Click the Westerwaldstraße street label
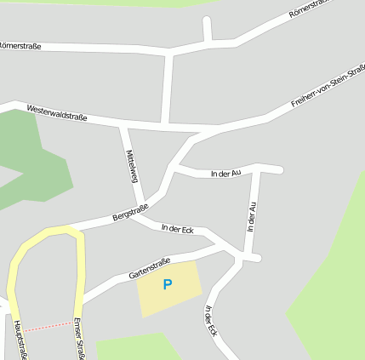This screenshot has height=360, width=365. coord(57,111)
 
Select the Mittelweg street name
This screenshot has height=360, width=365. coord(132,166)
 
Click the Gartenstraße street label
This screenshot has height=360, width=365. coord(150,270)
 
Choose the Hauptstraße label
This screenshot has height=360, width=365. coord(18,340)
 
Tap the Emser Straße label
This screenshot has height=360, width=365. coord(78,339)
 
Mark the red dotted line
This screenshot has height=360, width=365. coord(47,326)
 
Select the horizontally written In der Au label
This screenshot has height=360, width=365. coord(225,174)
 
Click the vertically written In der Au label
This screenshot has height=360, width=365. coord(251,217)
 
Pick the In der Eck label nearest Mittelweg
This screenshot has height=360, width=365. coord(178,229)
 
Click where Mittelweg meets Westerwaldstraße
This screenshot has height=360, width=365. coord(123,125)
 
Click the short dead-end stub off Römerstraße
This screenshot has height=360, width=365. coord(207,29)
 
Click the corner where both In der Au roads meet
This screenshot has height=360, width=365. coord(257,168)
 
